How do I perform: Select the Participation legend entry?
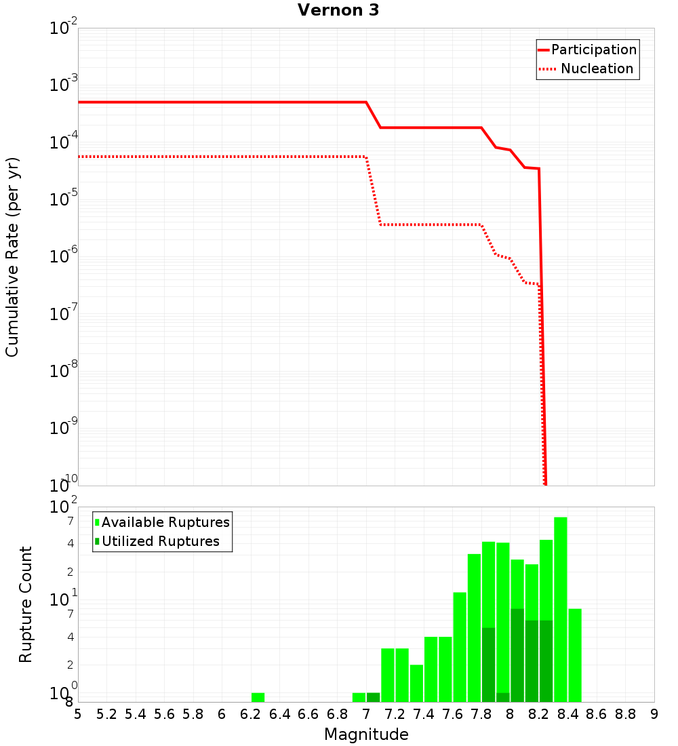tap(587, 50)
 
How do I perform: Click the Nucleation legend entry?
tap(587, 68)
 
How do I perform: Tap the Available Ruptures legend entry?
tap(162, 522)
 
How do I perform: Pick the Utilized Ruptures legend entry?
tap(157, 541)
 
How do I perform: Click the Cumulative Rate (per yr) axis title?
tap(12, 257)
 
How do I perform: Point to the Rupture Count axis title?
tap(26, 604)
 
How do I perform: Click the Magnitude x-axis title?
tap(366, 734)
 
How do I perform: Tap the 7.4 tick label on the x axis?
tap(424, 714)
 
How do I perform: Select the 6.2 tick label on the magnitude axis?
tap(251, 714)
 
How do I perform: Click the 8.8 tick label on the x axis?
tap(625, 714)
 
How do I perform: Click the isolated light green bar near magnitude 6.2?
tap(258, 697)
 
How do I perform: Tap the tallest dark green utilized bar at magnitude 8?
tap(517, 655)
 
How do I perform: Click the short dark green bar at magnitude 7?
tap(373, 697)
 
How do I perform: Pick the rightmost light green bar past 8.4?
tap(575, 655)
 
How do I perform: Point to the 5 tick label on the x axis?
tap(78, 714)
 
